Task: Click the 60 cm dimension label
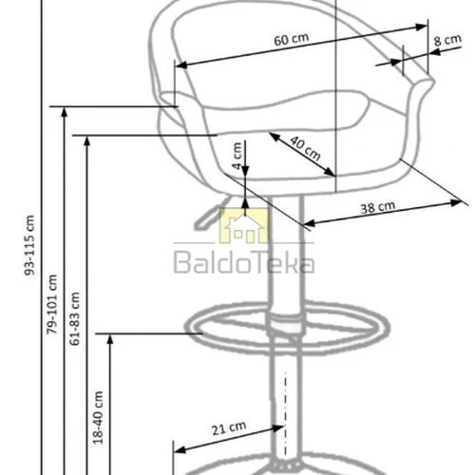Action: pos(291,42)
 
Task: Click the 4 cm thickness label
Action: pos(237,152)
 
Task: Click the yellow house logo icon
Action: pos(245,229)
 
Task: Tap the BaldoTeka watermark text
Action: pos(242,261)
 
